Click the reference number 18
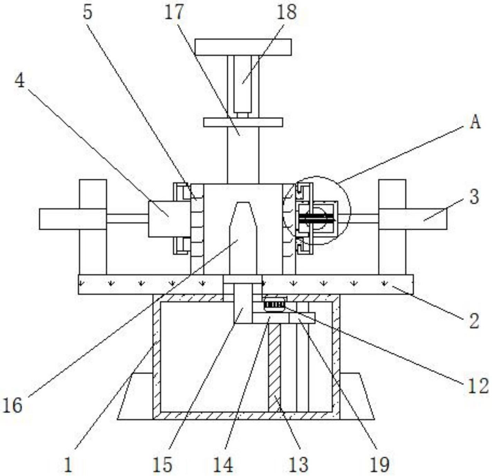click(x=287, y=12)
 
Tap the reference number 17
click(x=174, y=12)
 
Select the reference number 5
click(x=87, y=12)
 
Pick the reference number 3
click(x=474, y=197)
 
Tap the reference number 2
click(x=474, y=320)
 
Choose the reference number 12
click(x=477, y=386)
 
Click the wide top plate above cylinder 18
click(x=243, y=47)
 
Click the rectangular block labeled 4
click(x=169, y=219)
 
